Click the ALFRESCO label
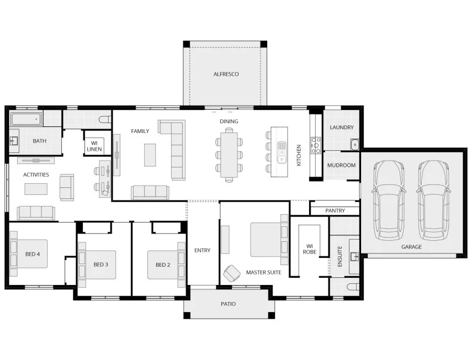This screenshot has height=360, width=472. [x=226, y=74]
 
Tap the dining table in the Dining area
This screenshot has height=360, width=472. [x=229, y=155]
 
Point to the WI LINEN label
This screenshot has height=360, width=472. [x=93, y=146]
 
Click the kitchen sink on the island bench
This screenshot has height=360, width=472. [x=282, y=153]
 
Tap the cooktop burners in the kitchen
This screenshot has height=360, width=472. [x=316, y=145]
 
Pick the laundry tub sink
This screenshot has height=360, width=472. [x=354, y=145]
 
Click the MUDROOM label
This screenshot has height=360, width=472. [x=341, y=165]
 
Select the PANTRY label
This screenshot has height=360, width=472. [x=335, y=211]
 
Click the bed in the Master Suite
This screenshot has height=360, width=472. [x=266, y=239]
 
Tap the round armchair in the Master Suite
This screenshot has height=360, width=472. [x=230, y=273]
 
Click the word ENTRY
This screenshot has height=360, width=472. [x=202, y=250]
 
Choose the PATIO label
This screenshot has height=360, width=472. [x=228, y=304]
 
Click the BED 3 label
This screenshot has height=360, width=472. [x=100, y=264]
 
